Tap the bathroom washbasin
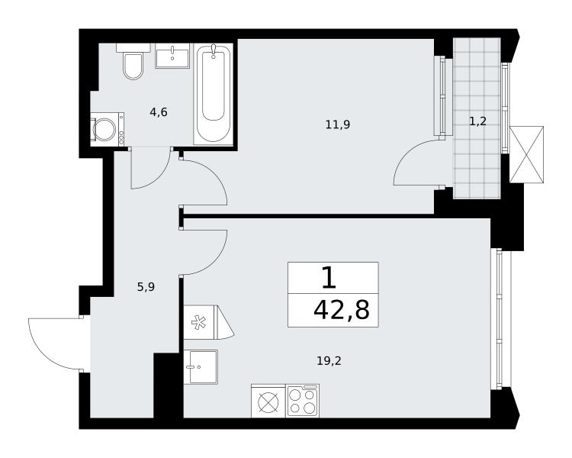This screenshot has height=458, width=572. [172, 56]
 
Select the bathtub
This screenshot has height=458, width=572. [214, 94]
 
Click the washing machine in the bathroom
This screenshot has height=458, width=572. [107, 129]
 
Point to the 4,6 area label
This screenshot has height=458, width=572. [159, 112]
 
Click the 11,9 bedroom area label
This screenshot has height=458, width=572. [338, 125]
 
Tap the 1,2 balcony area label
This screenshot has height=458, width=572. [478, 121]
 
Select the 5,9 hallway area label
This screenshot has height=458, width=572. [146, 287]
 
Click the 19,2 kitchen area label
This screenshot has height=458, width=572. [329, 361]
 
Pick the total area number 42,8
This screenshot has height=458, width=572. [342, 311]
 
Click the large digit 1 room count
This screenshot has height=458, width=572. [329, 278]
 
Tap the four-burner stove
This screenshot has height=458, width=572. [302, 401]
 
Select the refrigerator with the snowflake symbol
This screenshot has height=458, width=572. [208, 322]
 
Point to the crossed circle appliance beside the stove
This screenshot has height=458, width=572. [268, 401]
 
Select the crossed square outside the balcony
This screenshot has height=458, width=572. [526, 154]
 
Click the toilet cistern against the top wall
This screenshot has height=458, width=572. [133, 48]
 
